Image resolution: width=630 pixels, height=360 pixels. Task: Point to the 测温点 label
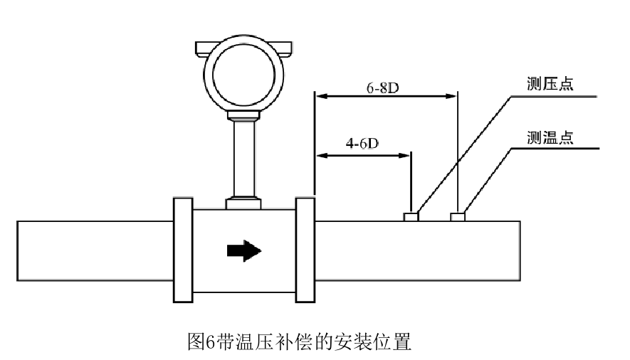[x=550, y=138]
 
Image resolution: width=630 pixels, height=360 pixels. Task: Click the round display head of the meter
[x=243, y=77]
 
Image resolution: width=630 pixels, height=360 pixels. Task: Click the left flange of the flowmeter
[x=182, y=250]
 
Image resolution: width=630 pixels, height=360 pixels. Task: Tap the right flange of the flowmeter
[x=305, y=250]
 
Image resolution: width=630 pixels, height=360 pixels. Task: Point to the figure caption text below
[x=299, y=342]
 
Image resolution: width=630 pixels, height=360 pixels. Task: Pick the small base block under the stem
[x=243, y=203]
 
